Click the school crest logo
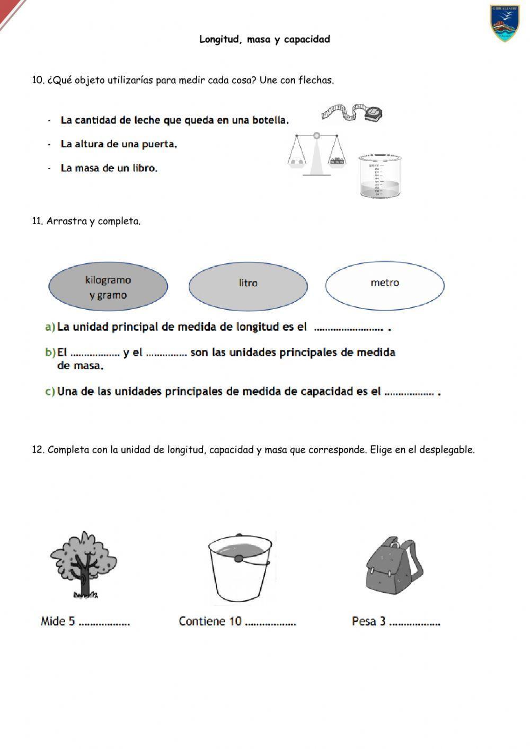[x=505, y=24]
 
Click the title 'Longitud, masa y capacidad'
[x=264, y=39]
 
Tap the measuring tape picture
[x=351, y=113]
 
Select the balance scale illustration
[x=316, y=154]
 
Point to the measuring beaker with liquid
[x=378, y=176]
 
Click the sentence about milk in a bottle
[x=174, y=120]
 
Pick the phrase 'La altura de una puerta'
[x=119, y=144]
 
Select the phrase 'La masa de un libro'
[x=109, y=169]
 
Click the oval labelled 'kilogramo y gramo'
[x=108, y=287]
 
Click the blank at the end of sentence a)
[x=348, y=329]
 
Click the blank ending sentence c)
[x=409, y=393]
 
